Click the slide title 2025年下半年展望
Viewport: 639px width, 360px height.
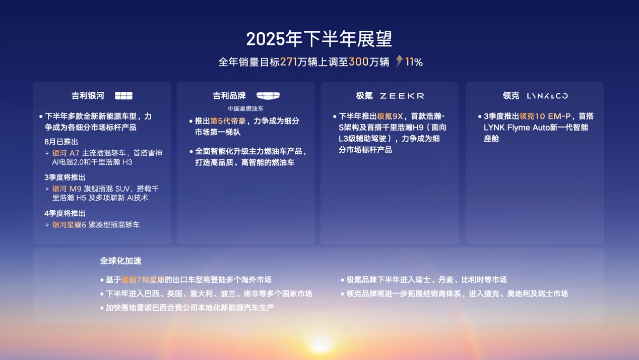319,39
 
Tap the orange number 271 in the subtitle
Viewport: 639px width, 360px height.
288,62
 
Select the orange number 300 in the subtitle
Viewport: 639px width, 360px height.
359,62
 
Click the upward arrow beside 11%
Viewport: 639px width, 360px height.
399,61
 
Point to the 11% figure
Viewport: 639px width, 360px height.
414,62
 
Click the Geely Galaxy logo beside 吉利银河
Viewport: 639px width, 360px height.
123,96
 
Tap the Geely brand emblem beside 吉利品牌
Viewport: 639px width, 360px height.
268,96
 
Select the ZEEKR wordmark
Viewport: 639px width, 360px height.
402,96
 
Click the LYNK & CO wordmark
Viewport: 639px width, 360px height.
547,96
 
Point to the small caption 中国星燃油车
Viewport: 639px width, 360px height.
245,108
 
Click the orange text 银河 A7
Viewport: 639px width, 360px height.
66,153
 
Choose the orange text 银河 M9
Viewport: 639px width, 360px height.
67,189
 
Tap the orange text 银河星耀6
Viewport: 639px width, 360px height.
69,225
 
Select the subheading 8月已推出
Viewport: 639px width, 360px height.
61,142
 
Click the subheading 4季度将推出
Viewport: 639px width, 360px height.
65,213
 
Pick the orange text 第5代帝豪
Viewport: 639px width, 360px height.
228,121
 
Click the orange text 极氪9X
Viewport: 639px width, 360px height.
390,116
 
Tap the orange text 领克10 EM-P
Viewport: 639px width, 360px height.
545,116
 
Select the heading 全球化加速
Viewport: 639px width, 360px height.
120,261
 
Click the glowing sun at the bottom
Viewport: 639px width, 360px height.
321,344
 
